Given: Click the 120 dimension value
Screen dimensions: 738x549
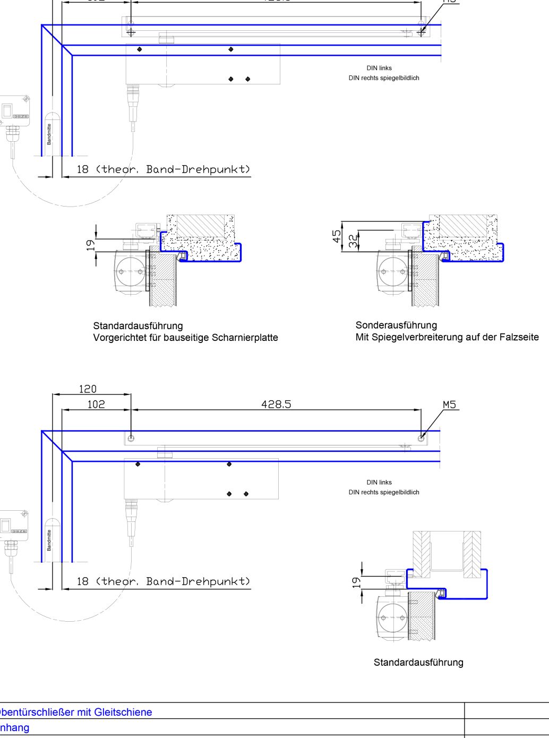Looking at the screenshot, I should [88, 389].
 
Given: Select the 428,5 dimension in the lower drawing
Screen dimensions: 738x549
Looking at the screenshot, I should [276, 405].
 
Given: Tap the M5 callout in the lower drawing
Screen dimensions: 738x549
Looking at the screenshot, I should [449, 405].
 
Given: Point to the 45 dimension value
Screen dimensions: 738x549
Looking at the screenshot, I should [337, 236].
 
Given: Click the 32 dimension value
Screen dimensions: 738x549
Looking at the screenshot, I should [353, 241].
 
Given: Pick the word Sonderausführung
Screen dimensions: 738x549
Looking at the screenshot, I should [396, 325].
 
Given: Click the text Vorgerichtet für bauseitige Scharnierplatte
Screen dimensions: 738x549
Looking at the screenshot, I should [185, 338].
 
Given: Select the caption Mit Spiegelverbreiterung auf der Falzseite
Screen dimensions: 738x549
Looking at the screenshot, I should [447, 337].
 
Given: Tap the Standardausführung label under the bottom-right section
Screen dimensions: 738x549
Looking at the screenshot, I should [418, 662].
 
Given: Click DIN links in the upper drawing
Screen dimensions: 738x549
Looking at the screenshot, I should [379, 68].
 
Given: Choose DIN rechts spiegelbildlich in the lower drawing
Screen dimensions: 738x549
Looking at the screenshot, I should [384, 492].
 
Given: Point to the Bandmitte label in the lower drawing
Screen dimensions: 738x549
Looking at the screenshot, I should [49, 539].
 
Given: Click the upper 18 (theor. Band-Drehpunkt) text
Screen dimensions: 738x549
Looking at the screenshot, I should [164, 169].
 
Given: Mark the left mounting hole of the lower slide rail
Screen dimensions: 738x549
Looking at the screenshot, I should [131, 438].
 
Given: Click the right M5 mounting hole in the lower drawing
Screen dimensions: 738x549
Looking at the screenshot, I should [421, 438].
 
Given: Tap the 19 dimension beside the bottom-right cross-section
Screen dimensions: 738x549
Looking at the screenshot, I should [356, 582].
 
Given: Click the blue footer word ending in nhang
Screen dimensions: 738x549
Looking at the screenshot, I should [15, 727].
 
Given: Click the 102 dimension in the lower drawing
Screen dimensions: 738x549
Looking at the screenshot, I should [96, 405].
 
